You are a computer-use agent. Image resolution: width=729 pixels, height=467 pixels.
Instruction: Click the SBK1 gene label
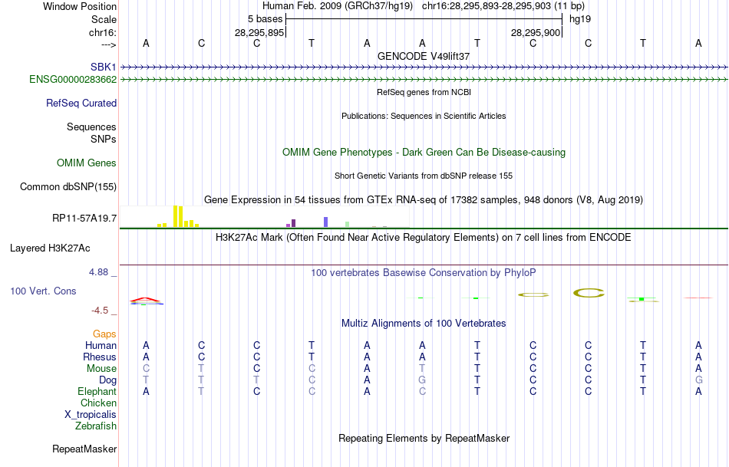pos(104,67)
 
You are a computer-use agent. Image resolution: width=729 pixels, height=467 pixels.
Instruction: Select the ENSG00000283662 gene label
pos(73,79)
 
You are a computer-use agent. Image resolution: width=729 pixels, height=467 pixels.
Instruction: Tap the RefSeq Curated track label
pos(81,103)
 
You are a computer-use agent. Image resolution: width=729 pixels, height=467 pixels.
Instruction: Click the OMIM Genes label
pos(87,163)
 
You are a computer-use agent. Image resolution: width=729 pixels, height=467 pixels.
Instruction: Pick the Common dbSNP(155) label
pos(68,186)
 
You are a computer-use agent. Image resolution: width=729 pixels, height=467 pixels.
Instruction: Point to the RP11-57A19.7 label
pos(84,219)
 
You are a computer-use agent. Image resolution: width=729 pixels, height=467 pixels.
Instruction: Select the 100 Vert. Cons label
pos(43,291)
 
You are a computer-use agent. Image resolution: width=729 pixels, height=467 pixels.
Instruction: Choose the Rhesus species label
pos(100,357)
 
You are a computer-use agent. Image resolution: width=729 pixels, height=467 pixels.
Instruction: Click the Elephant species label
pos(97,391)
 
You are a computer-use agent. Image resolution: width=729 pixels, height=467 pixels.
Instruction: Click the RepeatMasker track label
pos(84,449)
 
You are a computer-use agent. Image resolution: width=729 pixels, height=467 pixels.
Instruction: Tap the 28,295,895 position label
pos(259,32)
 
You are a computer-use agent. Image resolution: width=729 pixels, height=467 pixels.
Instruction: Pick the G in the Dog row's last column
pos(698,380)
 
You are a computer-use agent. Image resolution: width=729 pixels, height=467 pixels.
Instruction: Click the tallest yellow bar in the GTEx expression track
pos(176,216)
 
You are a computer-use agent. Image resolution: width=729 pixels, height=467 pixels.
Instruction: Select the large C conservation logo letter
pos(589,292)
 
